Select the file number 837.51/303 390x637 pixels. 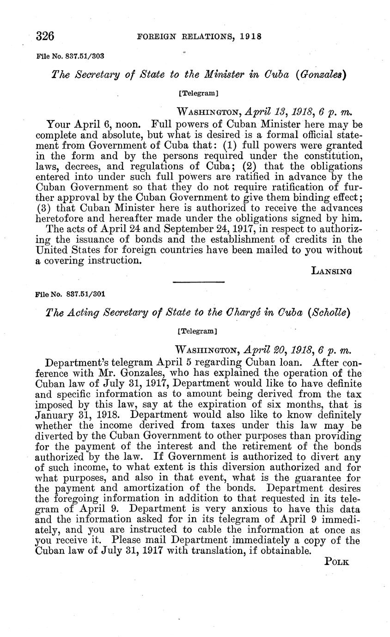click(x=85, y=56)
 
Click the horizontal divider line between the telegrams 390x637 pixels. click(x=198, y=282)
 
